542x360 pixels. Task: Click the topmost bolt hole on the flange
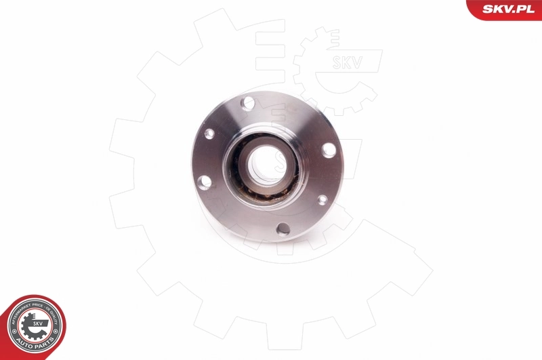[x=249, y=103]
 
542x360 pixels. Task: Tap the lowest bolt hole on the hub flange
[x=283, y=229]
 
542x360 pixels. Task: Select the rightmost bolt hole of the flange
[x=329, y=150]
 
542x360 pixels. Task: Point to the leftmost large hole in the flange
[x=203, y=182]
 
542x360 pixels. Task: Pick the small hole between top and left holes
[x=209, y=134]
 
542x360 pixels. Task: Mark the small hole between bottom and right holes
[x=322, y=199]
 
